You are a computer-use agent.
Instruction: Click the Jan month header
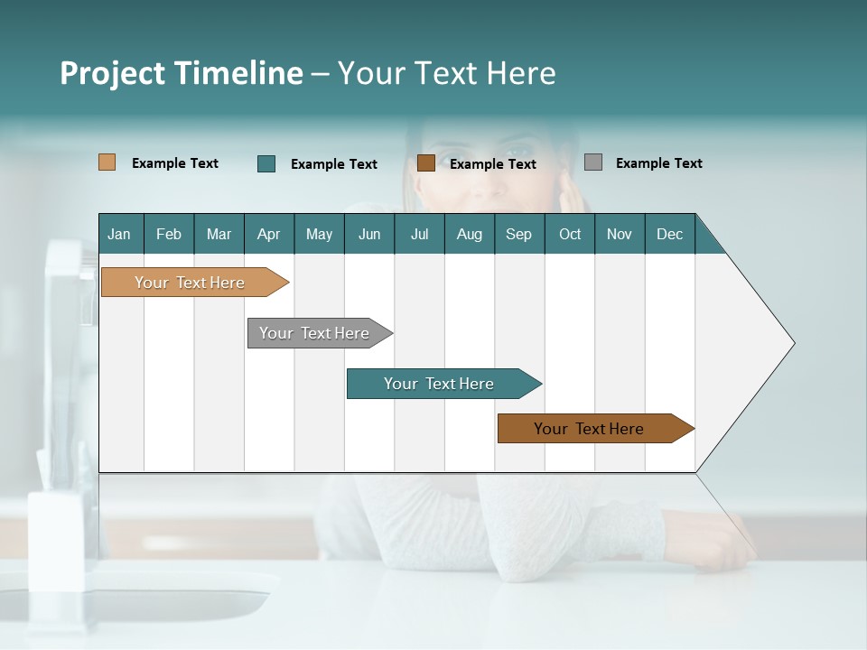[120, 234]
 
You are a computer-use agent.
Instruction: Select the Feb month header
[169, 234]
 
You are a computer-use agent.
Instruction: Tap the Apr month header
[268, 234]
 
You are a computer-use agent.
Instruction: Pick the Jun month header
[369, 234]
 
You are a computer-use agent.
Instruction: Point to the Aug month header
[469, 234]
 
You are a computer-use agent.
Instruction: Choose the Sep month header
[518, 234]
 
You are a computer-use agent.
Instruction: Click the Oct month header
[570, 234]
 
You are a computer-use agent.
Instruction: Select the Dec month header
[669, 234]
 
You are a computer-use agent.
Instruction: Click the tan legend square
[107, 162]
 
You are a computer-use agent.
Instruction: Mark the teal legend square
[266, 163]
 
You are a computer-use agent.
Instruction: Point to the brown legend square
[426, 162]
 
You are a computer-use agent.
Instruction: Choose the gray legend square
[593, 162]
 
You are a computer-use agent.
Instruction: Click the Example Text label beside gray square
[658, 163]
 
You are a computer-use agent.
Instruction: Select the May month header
[319, 234]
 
